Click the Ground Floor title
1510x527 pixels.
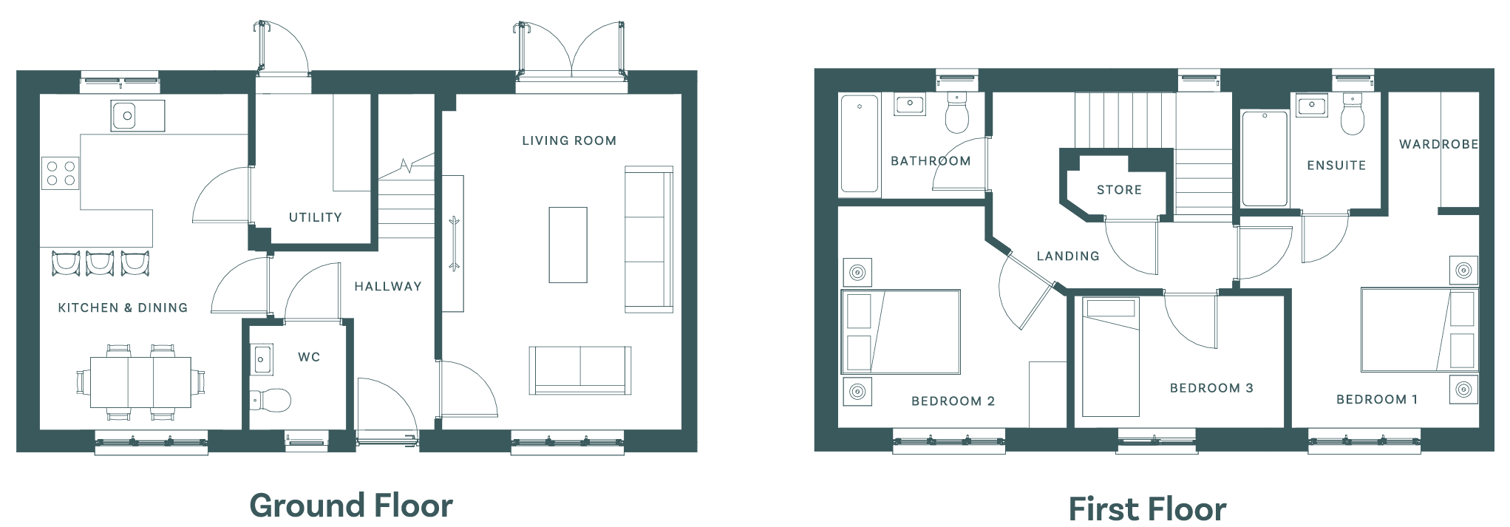(x=351, y=506)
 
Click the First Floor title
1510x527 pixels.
(x=1147, y=509)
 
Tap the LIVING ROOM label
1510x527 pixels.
(x=569, y=140)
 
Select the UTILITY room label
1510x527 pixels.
(x=316, y=217)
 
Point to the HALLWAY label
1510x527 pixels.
(x=388, y=286)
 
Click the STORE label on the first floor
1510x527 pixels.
(x=1119, y=190)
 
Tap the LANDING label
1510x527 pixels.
(x=1068, y=256)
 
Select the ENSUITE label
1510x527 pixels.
(x=1336, y=166)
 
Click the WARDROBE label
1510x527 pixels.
(x=1439, y=144)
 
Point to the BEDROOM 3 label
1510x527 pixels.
(x=1211, y=388)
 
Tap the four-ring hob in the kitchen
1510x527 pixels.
(x=61, y=173)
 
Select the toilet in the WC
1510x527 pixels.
(x=270, y=401)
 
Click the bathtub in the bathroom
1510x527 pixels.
(x=860, y=143)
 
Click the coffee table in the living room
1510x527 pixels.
(x=568, y=245)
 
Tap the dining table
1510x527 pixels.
(x=141, y=382)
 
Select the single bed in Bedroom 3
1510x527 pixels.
(x=1111, y=357)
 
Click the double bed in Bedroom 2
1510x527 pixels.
(x=901, y=332)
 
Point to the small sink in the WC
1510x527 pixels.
(x=262, y=360)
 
